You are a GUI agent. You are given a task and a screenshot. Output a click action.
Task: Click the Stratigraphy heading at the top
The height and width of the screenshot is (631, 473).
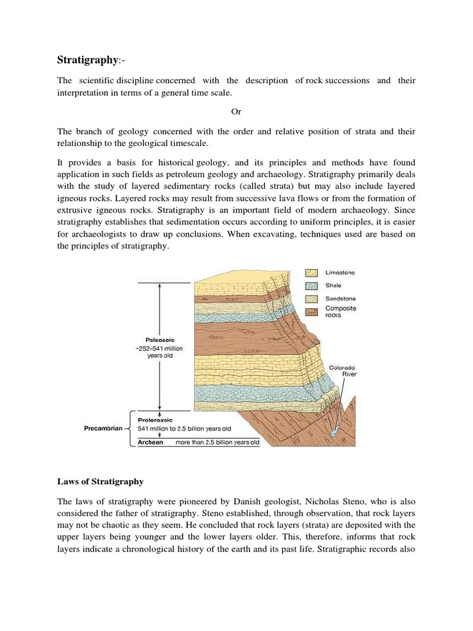click(x=86, y=60)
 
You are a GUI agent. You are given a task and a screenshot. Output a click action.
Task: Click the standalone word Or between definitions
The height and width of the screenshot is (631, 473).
click(x=236, y=112)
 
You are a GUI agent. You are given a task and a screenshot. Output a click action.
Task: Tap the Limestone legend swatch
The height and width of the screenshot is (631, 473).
click(x=313, y=272)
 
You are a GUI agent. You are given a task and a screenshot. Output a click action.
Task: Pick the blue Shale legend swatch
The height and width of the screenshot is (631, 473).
click(x=313, y=285)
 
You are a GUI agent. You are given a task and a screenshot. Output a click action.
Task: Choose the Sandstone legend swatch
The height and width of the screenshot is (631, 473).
click(x=313, y=298)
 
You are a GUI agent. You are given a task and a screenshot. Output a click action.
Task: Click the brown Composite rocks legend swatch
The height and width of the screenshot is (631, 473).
click(x=313, y=311)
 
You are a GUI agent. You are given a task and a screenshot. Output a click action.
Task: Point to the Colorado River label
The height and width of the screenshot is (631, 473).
click(x=342, y=370)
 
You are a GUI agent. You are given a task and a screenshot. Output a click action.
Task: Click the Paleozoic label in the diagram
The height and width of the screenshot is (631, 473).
click(x=162, y=339)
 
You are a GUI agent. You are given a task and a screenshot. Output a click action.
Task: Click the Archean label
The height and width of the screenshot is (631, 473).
click(x=150, y=442)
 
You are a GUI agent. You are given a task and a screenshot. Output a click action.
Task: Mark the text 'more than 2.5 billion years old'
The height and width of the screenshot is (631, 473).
click(x=217, y=442)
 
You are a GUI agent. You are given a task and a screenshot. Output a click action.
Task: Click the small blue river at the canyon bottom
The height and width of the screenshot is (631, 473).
click(x=333, y=433)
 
